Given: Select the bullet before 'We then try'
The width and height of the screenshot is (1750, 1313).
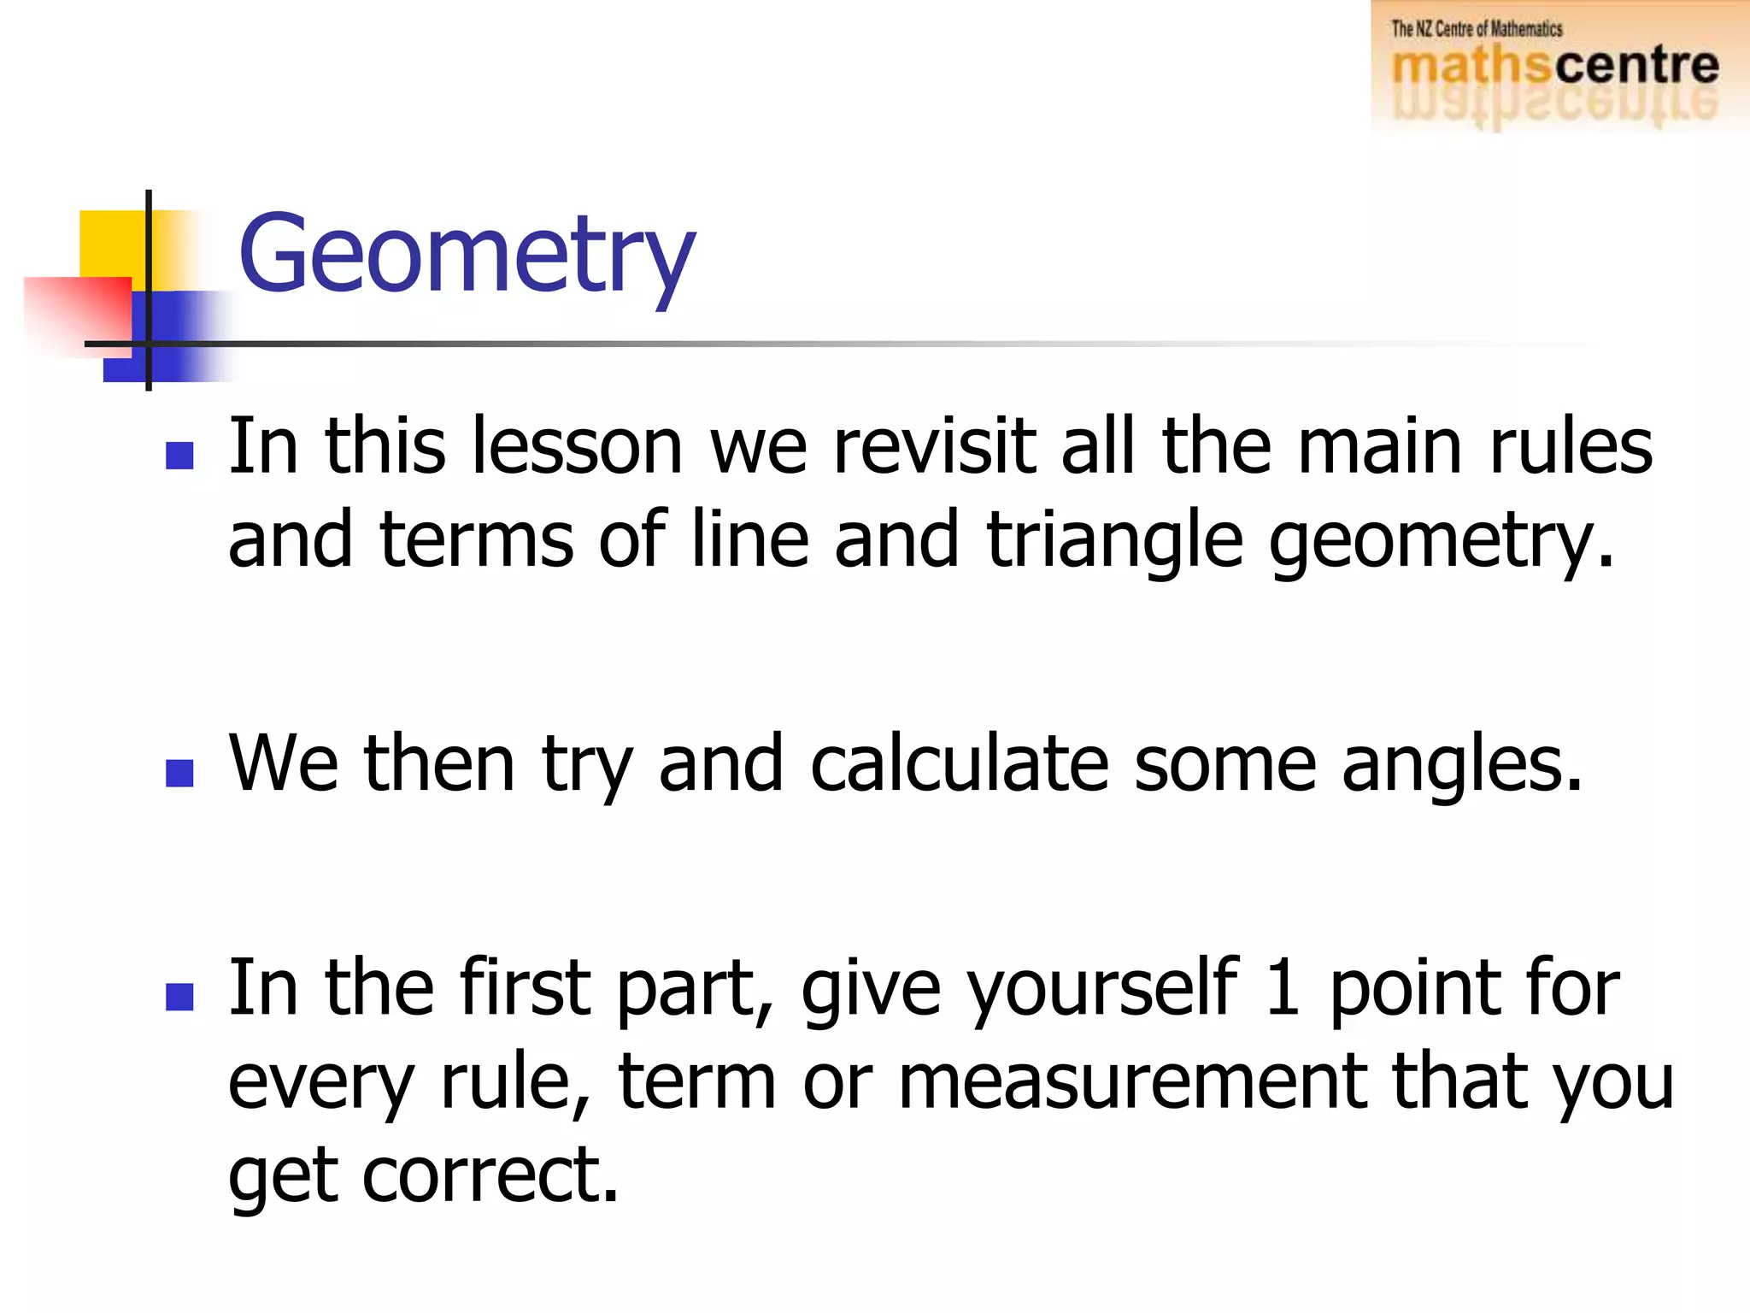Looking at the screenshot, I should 179,773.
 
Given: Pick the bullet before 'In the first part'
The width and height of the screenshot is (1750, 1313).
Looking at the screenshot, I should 179,997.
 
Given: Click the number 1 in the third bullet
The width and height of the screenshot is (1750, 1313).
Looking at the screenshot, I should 1282,988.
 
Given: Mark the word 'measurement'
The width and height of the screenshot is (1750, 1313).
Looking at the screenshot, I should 1132,1082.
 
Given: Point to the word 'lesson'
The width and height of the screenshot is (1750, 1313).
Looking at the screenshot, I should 577,446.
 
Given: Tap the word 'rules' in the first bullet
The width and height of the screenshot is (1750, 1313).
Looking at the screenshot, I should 1571,446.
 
